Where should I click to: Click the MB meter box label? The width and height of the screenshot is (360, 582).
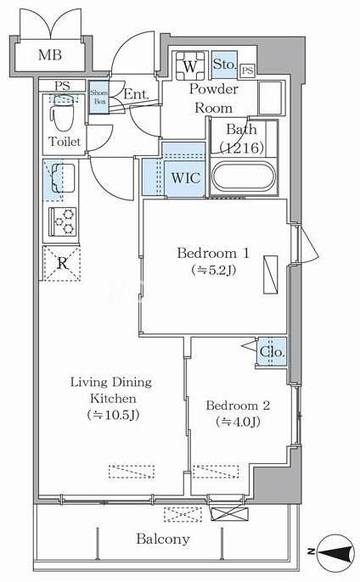50,55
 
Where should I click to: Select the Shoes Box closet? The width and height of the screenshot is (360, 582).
98,97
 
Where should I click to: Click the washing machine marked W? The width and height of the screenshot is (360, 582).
190,66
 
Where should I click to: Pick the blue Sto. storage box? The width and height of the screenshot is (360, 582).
224,64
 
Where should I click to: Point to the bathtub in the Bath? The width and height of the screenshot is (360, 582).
244,176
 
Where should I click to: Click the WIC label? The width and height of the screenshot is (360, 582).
186,178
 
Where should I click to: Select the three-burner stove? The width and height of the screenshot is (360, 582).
64,221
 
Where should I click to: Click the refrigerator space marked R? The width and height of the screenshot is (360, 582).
62,263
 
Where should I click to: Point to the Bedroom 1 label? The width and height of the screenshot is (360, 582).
213,253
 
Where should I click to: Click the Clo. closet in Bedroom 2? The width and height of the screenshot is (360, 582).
272,351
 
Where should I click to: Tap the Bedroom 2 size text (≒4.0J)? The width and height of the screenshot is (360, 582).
238,422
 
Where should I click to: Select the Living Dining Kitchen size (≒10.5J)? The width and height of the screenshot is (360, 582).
113,415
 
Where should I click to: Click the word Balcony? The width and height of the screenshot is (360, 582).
163,539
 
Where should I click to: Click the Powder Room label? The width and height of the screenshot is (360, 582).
214,98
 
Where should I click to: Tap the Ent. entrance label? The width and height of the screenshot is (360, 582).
136,94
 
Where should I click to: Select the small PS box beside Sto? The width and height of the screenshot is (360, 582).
247,70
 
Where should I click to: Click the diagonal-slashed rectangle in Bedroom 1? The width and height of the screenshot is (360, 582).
271,275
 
